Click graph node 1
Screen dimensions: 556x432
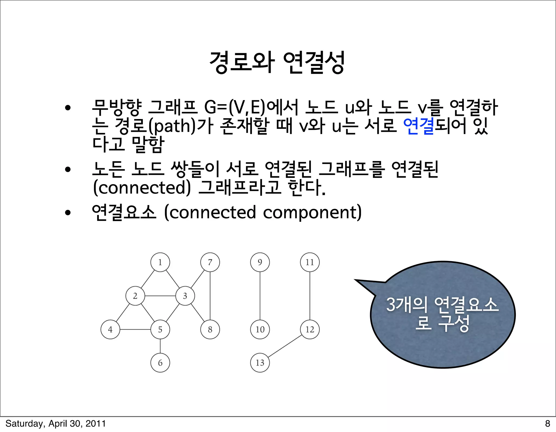[x=160, y=262]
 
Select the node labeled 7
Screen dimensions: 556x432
[x=210, y=262]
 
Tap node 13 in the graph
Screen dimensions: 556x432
[x=260, y=363]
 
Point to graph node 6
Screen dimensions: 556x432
[x=160, y=363]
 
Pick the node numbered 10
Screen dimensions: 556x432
[x=260, y=329]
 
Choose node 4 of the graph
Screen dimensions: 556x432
[x=110, y=329]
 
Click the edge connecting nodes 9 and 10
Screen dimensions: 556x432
[x=260, y=296]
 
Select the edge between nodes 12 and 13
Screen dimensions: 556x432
[x=285, y=346]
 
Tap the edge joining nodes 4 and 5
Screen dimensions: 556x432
[x=135, y=329]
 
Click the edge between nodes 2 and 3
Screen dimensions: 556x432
[x=160, y=296]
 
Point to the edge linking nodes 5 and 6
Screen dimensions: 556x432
[x=160, y=346]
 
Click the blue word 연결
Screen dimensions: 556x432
[x=418, y=126]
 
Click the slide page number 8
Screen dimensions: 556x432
[x=547, y=423]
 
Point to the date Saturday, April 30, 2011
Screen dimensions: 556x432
[x=56, y=423]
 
